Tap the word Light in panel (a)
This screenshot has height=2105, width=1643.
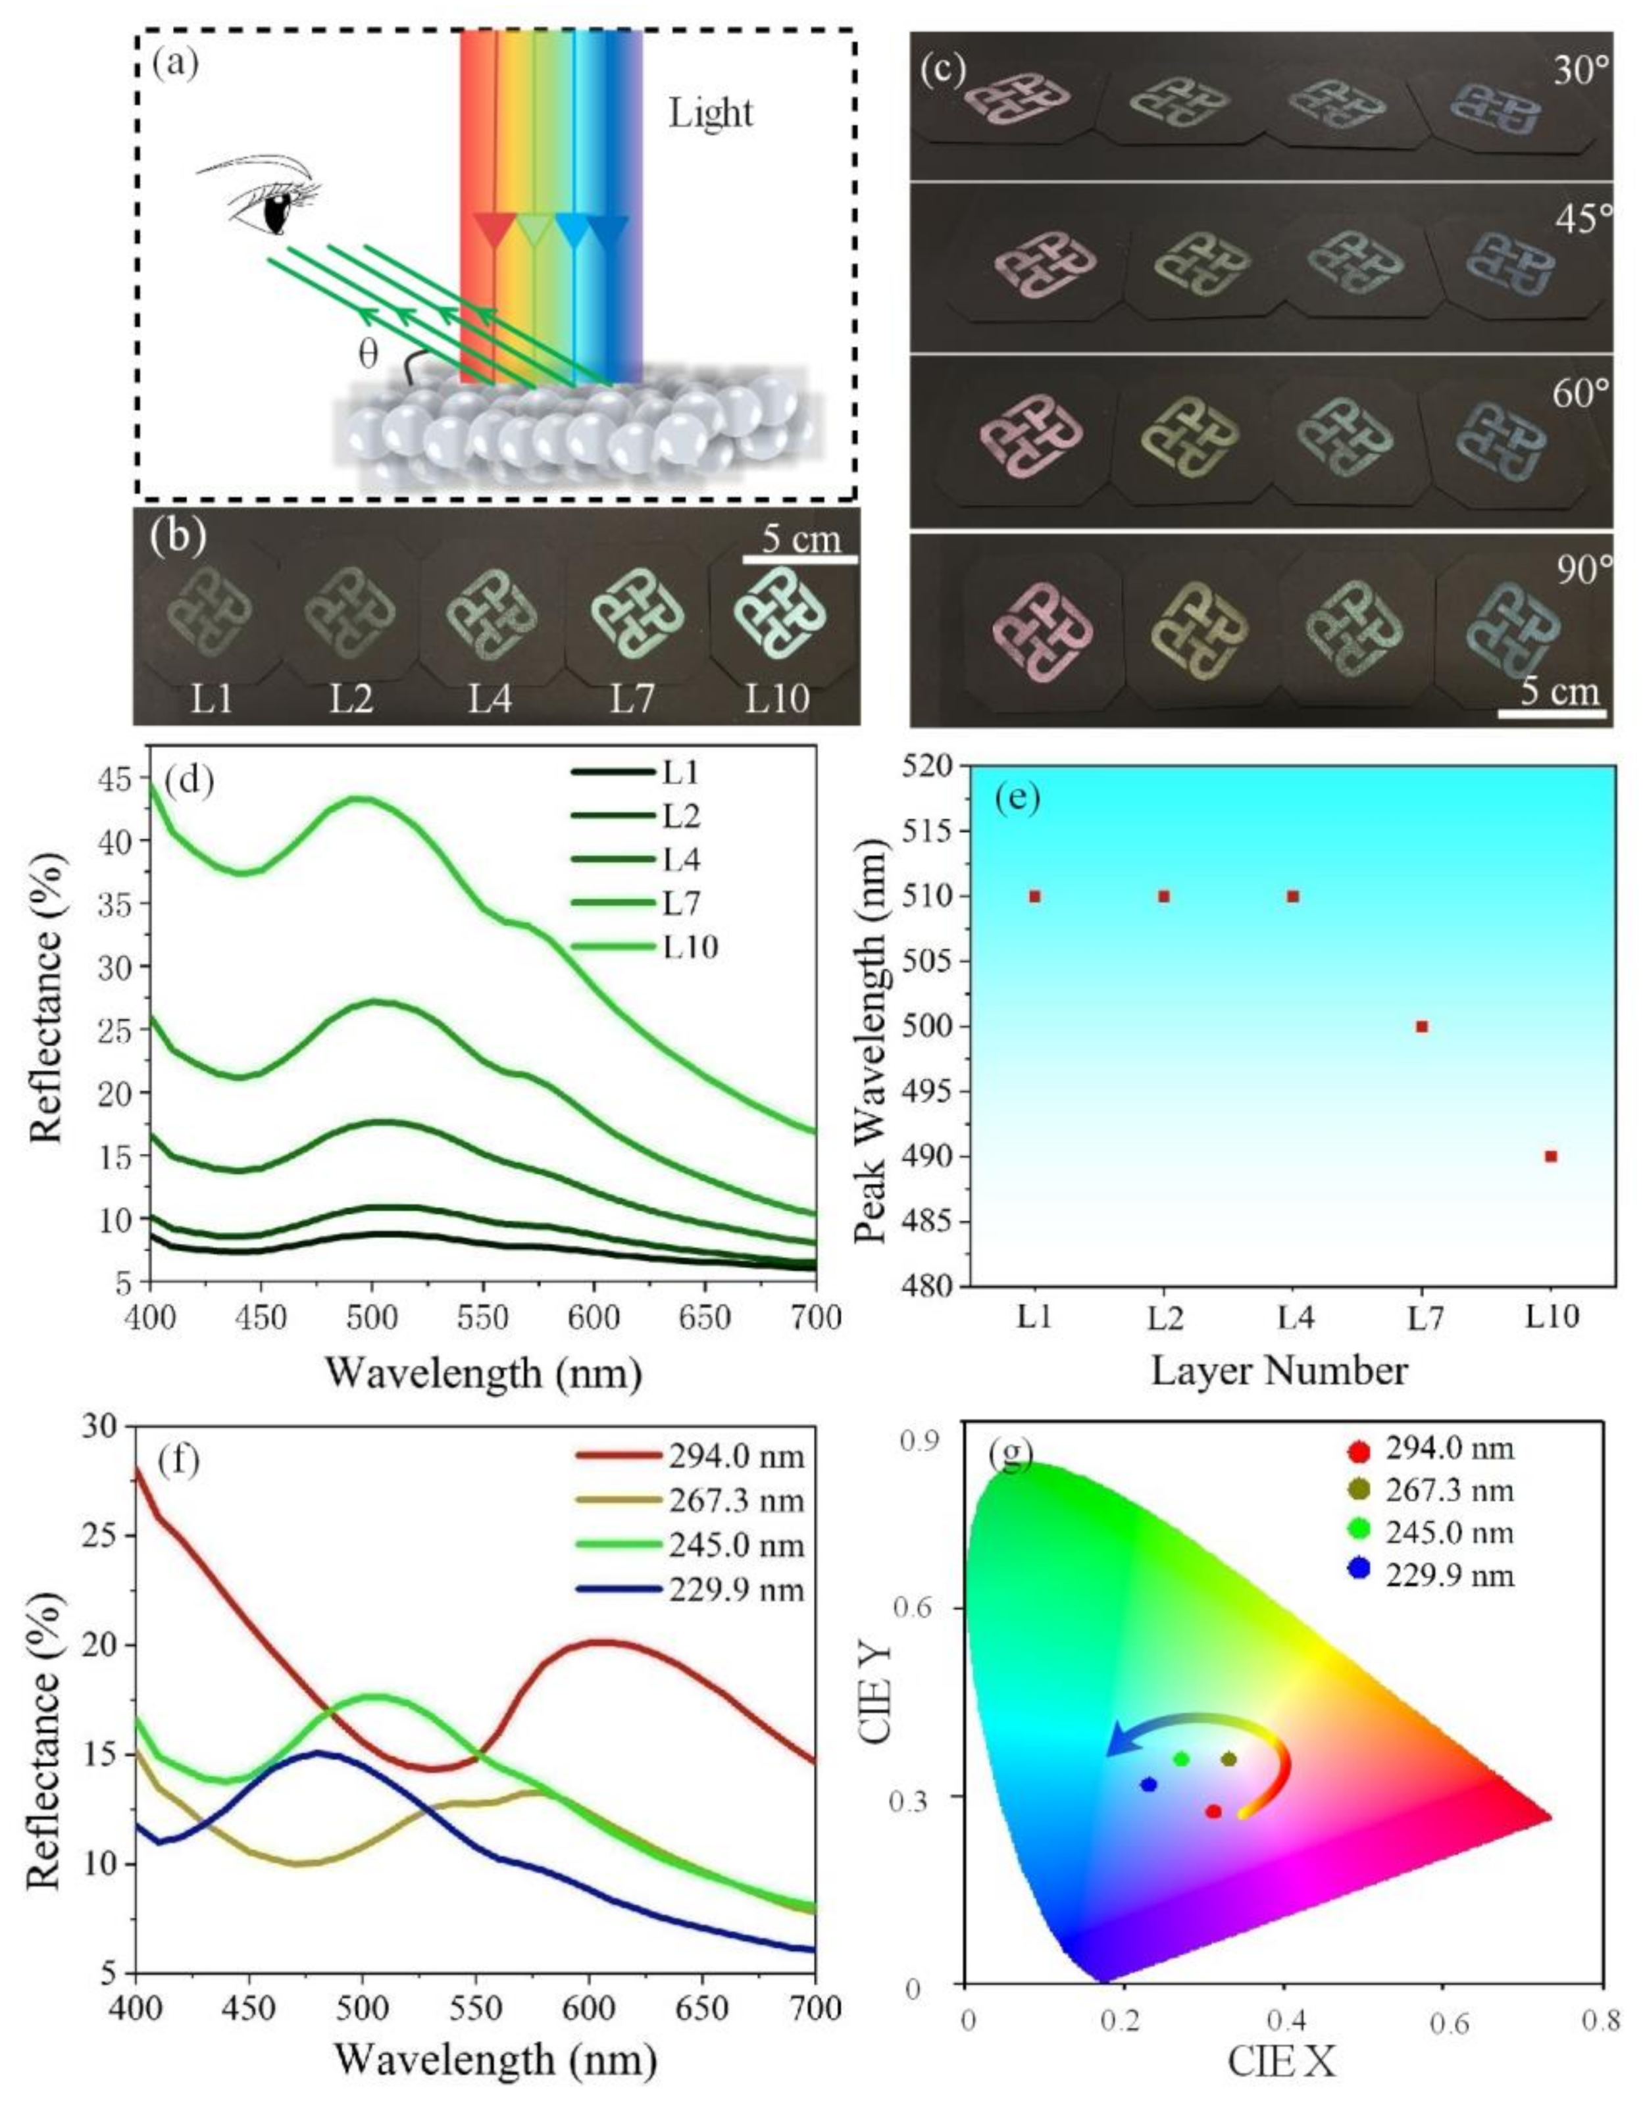[711, 114]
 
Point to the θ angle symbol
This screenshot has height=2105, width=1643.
[368, 354]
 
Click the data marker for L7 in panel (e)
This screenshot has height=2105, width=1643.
[1421, 1026]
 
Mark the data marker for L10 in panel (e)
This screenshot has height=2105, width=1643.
[1550, 1156]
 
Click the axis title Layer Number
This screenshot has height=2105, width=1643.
[1280, 1371]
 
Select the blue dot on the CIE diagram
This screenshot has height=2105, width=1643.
[1148, 1784]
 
